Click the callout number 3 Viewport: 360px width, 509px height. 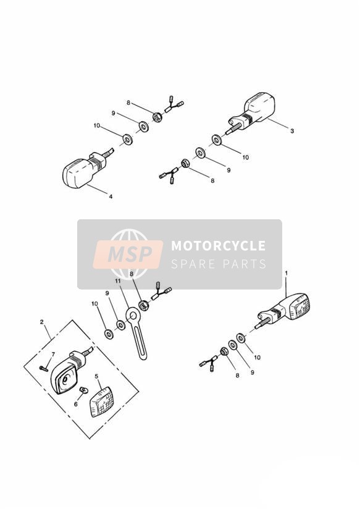pos(292,131)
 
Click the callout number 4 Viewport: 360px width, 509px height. pos(111,196)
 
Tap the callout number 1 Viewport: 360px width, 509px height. pos(287,273)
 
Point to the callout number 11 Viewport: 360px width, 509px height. pos(117,280)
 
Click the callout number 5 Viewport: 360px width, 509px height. pos(96,376)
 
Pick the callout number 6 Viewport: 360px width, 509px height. pos(76,404)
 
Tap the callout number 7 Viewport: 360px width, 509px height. pos(53,353)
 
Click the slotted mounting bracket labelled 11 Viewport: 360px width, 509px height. pos(136,333)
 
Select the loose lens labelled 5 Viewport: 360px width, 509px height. pos(101,402)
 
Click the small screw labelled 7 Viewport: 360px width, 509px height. pos(43,368)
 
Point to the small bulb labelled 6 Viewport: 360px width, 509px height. pos(83,390)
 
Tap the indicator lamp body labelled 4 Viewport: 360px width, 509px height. pos(85,170)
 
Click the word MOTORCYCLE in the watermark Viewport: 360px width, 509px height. pos(218,246)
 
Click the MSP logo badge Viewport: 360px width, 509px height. pos(128,254)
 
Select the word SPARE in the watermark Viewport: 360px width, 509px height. pos(193,264)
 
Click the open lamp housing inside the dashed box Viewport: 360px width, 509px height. pos(68,372)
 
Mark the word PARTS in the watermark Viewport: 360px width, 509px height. pos(245,264)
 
